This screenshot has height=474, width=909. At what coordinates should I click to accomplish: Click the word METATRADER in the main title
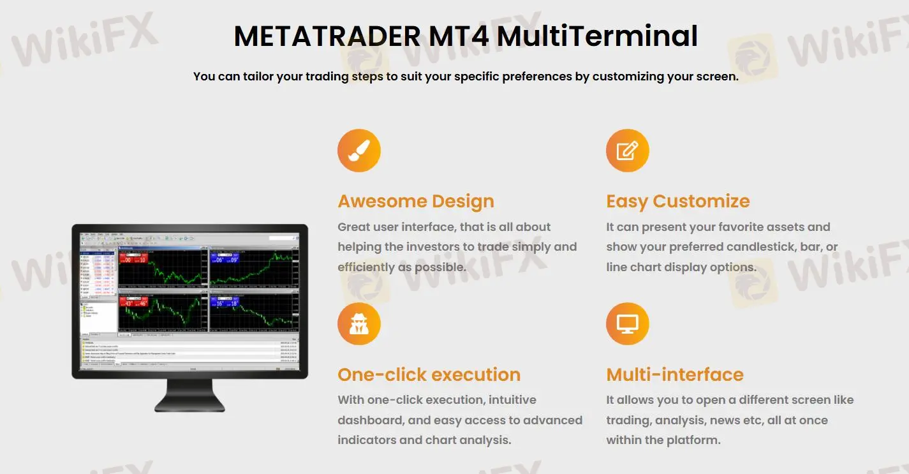coord(327,36)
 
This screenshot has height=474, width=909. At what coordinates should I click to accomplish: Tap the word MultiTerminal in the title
coord(597,36)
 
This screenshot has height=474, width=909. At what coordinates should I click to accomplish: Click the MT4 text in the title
coord(459,36)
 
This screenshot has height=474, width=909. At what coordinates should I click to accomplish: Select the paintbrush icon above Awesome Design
coord(359,151)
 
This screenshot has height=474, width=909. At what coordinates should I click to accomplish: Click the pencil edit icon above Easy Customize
coord(628,151)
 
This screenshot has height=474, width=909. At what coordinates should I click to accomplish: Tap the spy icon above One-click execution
coord(359,324)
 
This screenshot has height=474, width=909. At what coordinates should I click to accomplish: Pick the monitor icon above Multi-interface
coord(628,324)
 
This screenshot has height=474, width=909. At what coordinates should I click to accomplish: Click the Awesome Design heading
coord(416,202)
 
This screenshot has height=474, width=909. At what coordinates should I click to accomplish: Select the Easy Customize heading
coord(678,202)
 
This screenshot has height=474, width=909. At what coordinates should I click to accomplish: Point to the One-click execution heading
coord(429,374)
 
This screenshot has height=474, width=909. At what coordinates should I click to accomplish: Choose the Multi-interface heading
coord(675,374)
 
